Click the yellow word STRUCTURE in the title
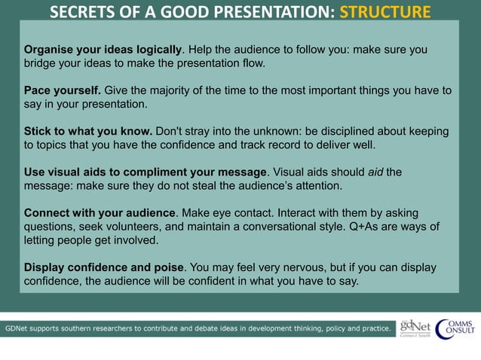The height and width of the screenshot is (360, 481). point(384,12)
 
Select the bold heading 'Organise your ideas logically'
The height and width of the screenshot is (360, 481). point(103,50)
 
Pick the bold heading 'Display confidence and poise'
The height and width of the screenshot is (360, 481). point(104,268)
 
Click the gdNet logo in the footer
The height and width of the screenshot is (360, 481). point(414,328)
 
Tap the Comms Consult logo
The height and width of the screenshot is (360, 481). point(455,328)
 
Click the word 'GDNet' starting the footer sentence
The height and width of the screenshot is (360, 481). point(19,329)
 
